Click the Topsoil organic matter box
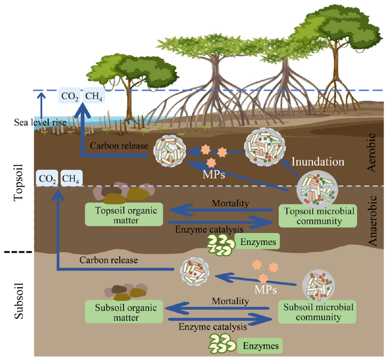click(124, 215)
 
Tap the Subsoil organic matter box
click(124, 312)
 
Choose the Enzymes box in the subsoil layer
click(260, 345)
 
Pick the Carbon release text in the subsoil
click(109, 260)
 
